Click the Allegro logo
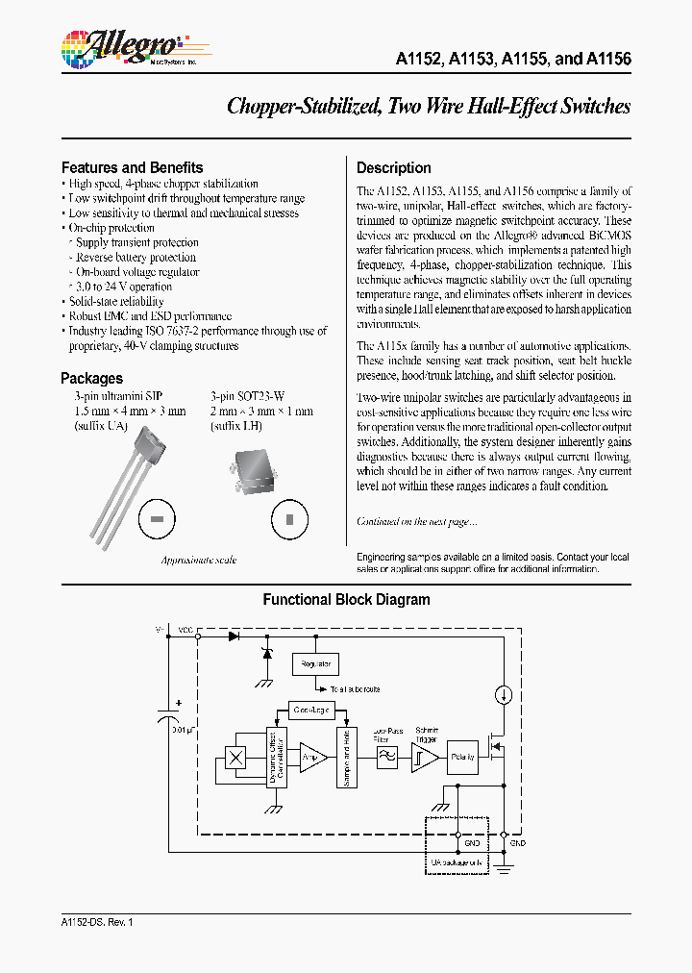120,45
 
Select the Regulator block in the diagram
316,663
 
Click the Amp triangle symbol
312,757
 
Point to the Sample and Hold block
346,759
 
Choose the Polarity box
464,758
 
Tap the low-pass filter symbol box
386,758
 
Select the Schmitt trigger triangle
424,758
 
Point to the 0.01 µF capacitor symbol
168,718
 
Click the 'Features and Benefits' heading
133,167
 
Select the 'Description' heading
394,167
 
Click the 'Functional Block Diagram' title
347,599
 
